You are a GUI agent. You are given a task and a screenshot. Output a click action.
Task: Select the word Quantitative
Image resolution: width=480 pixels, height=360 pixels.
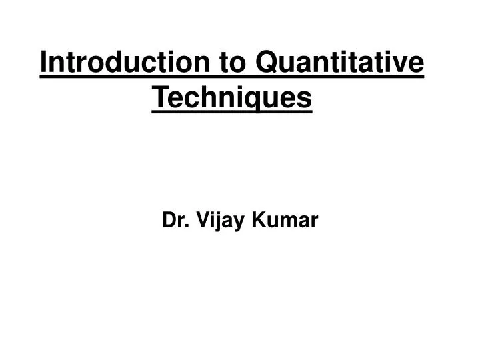tap(340, 64)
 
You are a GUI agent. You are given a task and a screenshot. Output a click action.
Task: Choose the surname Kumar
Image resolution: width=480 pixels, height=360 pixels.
tap(283, 219)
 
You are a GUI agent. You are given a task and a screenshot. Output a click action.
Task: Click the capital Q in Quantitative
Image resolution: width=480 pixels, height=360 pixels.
tap(267, 64)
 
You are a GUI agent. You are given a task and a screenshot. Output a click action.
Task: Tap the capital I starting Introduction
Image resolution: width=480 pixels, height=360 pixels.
tap(44, 64)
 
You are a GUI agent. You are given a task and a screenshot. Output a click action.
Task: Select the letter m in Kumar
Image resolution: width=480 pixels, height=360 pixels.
tap(285, 221)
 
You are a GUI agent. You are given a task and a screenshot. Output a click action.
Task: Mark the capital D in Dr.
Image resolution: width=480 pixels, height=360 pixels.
tap(168, 219)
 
